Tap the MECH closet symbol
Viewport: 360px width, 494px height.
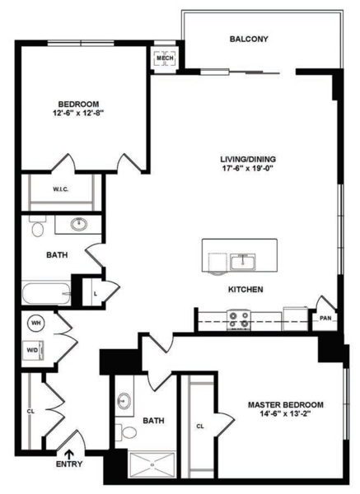[x=166, y=58]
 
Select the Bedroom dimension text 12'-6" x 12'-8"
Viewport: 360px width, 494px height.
[x=78, y=113]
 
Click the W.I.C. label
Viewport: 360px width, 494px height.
[x=60, y=189]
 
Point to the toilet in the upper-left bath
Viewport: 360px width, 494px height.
[x=38, y=226]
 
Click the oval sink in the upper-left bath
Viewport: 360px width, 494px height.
[x=78, y=224]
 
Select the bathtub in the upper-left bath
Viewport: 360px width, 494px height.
[x=46, y=294]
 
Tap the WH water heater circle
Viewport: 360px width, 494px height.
[x=36, y=323]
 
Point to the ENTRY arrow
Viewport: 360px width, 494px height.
[x=69, y=454]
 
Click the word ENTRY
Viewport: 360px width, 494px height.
[x=69, y=464]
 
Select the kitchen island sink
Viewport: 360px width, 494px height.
[x=242, y=262]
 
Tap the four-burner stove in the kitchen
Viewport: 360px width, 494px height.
[x=239, y=320]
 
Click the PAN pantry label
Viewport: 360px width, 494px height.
[x=325, y=318]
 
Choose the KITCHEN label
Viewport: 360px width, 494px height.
[x=245, y=289]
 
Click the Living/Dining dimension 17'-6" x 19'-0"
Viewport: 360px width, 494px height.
[x=248, y=168]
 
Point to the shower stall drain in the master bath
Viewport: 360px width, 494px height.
[x=152, y=464]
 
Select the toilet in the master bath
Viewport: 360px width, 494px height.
[x=125, y=432]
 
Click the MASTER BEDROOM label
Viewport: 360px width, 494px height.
[x=286, y=405]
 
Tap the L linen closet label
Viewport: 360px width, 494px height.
[x=96, y=294]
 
